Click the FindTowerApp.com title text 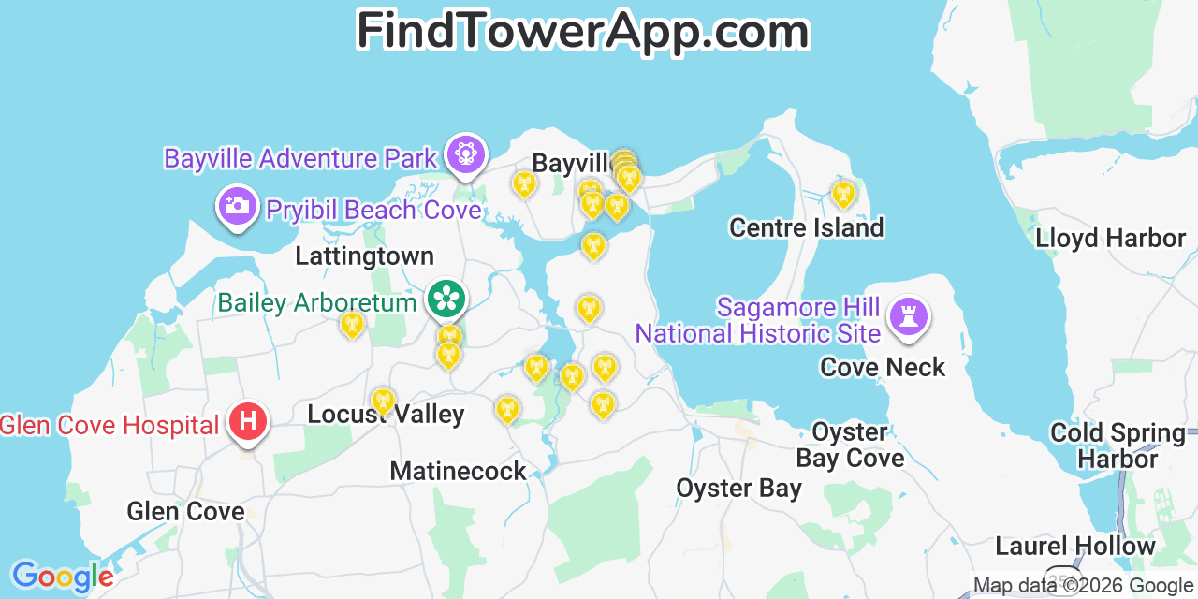click(x=582, y=32)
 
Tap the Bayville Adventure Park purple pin click(x=465, y=153)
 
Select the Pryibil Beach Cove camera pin click(x=238, y=205)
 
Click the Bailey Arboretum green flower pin click(x=446, y=299)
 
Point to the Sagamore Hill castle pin click(x=907, y=315)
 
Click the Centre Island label click(x=806, y=227)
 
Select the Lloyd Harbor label click(x=1110, y=238)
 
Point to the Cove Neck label click(x=883, y=367)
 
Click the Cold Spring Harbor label click(x=1118, y=446)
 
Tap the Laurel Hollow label click(x=1074, y=546)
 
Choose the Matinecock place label click(x=458, y=471)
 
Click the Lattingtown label click(x=364, y=256)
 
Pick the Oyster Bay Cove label click(x=850, y=445)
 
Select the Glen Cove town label click(x=185, y=511)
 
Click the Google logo click(x=62, y=577)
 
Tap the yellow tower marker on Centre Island click(x=843, y=194)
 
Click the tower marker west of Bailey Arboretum click(x=352, y=325)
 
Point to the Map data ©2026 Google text click(x=1084, y=586)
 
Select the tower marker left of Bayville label click(x=525, y=184)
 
